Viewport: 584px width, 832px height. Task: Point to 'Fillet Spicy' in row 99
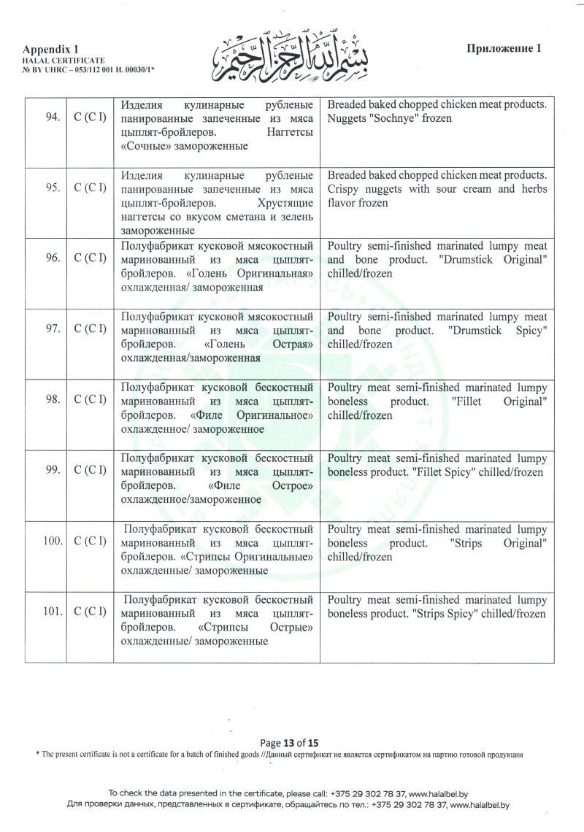click(x=453, y=472)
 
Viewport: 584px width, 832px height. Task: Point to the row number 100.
click(x=50, y=542)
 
